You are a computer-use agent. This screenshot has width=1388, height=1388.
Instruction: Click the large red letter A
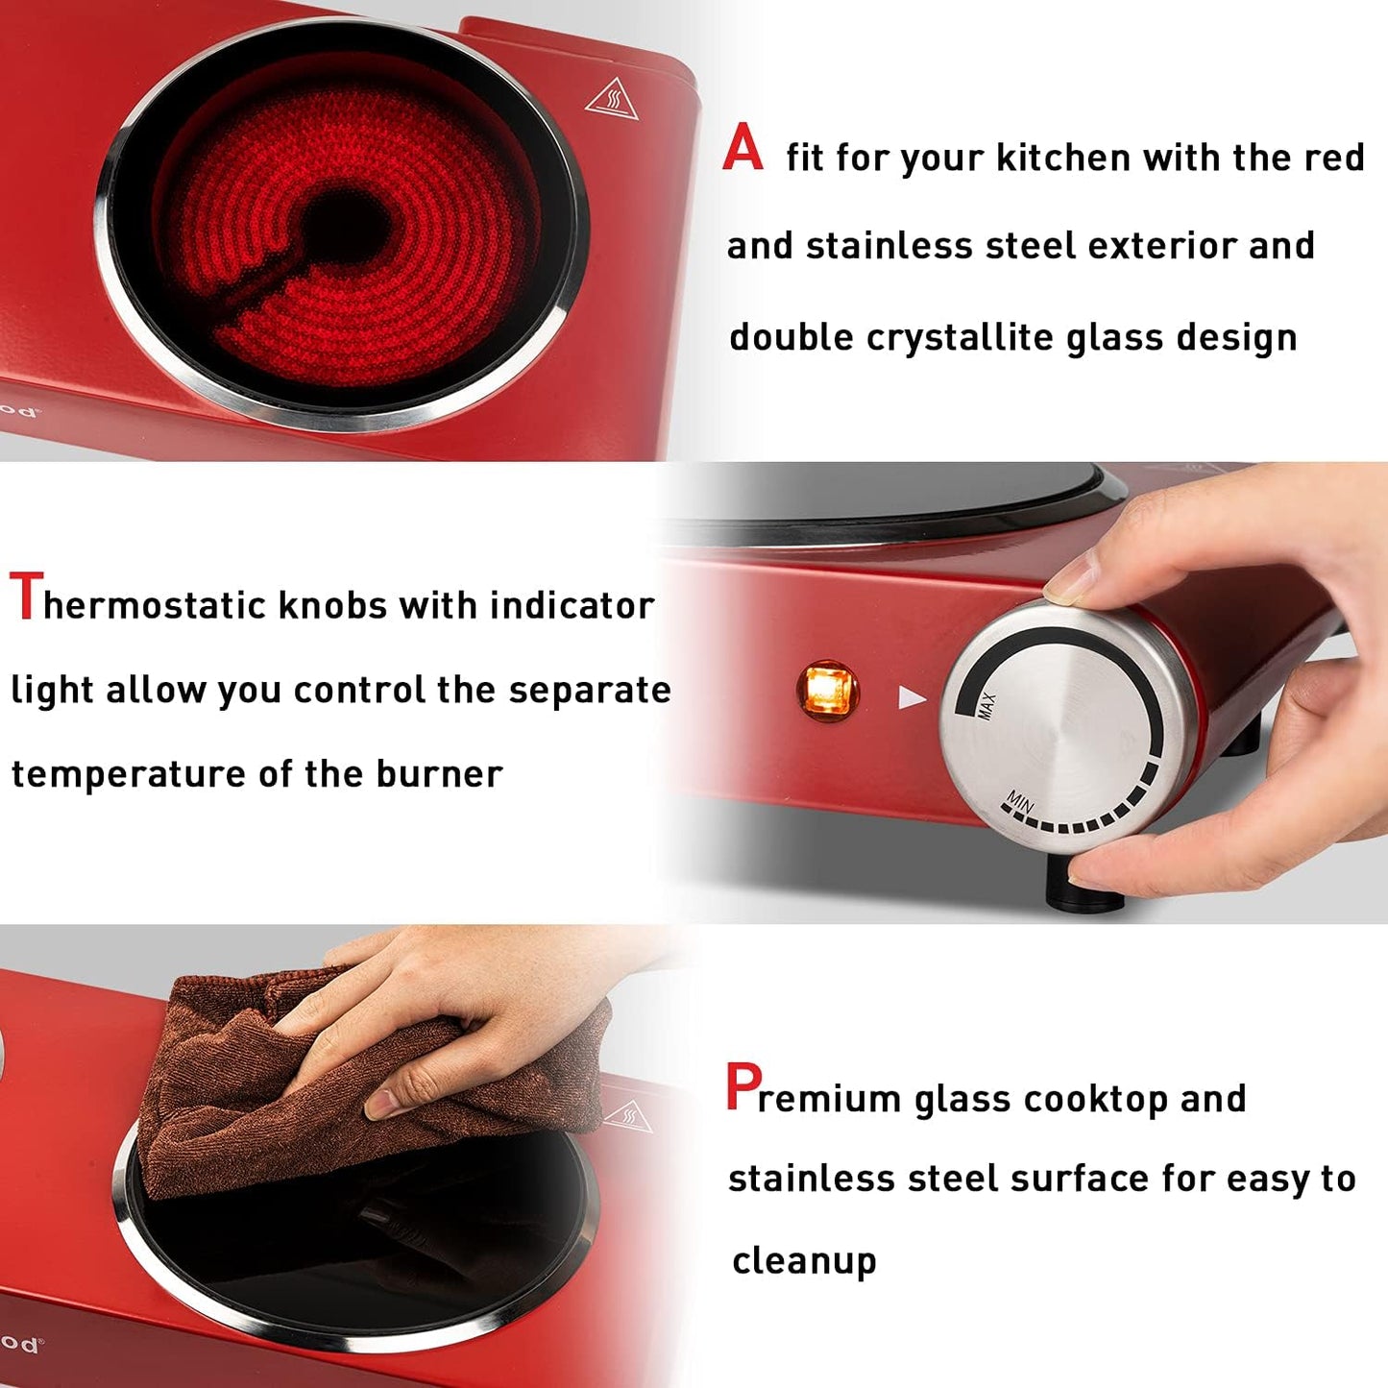pyautogui.click(x=743, y=150)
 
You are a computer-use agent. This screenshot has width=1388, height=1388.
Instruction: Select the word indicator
pyautogui.click(x=572, y=605)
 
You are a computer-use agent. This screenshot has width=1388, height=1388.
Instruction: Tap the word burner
pyautogui.click(x=439, y=774)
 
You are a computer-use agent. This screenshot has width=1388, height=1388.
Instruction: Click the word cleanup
pyautogui.click(x=804, y=1261)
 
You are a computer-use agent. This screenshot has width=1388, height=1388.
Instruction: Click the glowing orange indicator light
pyautogui.click(x=827, y=690)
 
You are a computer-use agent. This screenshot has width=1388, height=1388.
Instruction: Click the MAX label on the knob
pyautogui.click(x=986, y=706)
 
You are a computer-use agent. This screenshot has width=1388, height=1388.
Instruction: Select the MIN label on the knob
pyautogui.click(x=1018, y=800)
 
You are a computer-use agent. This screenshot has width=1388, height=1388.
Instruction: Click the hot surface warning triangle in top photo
pyautogui.click(x=612, y=99)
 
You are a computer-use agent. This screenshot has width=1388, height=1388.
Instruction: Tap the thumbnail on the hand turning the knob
pyautogui.click(x=1072, y=581)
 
